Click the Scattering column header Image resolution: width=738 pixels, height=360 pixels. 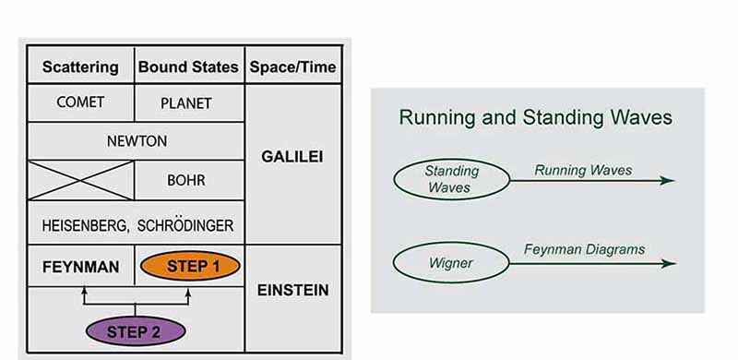[x=80, y=66]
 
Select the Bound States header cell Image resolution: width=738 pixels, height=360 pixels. [x=188, y=66]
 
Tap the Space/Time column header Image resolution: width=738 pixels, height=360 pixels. [x=292, y=66]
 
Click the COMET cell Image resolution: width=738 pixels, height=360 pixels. [x=80, y=102]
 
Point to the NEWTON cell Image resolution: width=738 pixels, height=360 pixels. [x=137, y=141]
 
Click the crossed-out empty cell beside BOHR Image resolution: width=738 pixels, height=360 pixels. [x=81, y=181]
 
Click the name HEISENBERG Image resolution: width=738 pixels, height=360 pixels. [x=85, y=226]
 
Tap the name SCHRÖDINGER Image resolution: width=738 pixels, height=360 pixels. [x=185, y=226]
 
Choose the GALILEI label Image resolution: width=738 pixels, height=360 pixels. [x=292, y=157]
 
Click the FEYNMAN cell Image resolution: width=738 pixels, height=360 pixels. [x=81, y=267]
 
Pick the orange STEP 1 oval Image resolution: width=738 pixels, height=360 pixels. [x=190, y=266]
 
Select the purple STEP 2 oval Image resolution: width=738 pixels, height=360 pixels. [x=136, y=331]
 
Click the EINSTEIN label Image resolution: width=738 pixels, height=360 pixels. [x=292, y=290]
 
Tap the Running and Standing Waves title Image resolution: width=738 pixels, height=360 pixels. [x=536, y=117]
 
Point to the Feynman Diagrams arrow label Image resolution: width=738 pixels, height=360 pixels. [x=585, y=249]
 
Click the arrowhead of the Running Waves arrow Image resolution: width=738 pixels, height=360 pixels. [x=667, y=181]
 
